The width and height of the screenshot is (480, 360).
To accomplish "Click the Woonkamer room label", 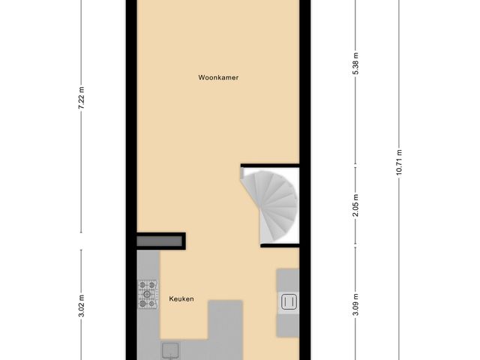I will pos(218,77).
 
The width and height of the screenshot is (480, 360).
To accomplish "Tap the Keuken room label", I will pos(181,299).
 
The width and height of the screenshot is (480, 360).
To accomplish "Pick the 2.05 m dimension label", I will pos(356,202).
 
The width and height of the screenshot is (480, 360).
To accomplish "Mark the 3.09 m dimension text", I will pos(356,309).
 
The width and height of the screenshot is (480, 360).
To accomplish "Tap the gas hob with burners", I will pos(148,294).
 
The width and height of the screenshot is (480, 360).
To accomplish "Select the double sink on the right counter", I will pos(289,302).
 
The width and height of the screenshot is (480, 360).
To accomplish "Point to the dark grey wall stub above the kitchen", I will pos(161,241).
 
